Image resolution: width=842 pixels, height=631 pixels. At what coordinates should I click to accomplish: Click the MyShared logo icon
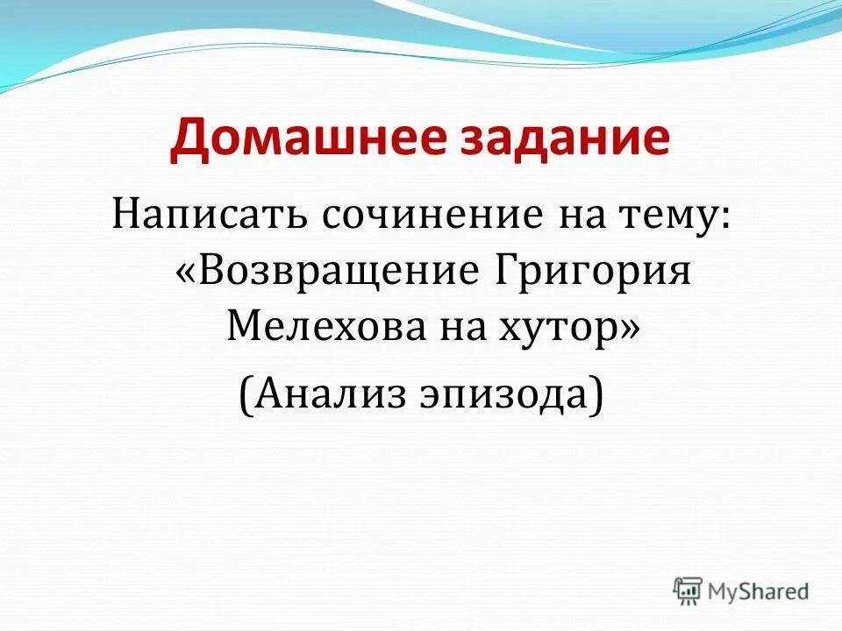click(688, 591)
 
